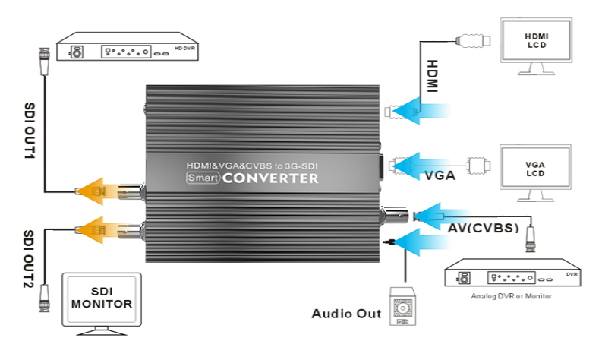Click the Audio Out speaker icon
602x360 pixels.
[402, 307]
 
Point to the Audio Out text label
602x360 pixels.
[345, 314]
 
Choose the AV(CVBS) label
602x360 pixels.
[481, 227]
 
